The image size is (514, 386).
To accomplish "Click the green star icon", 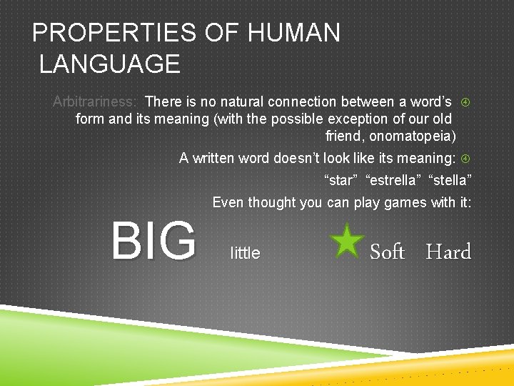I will [x=348, y=240].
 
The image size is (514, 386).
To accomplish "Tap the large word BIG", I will [x=153, y=241].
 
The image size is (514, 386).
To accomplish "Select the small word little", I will [x=246, y=253].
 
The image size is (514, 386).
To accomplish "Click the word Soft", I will [x=387, y=252].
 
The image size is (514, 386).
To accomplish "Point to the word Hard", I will [x=448, y=252].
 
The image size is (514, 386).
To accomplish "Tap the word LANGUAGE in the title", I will [x=110, y=64].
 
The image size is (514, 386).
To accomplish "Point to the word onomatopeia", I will [x=418, y=136].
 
